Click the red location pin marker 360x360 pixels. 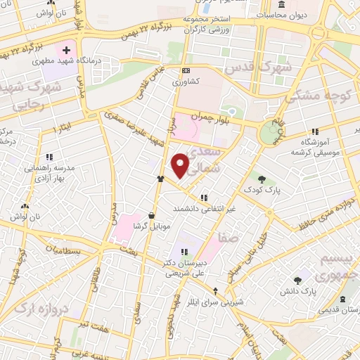click(x=181, y=165)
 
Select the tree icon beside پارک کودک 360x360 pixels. click(x=262, y=179)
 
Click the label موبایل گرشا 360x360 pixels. click(x=152, y=227)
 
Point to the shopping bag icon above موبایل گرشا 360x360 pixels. click(x=152, y=216)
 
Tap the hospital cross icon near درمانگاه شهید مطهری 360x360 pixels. click(x=66, y=51)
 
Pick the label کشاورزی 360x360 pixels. click(x=186, y=82)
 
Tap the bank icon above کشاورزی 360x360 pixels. click(x=186, y=71)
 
